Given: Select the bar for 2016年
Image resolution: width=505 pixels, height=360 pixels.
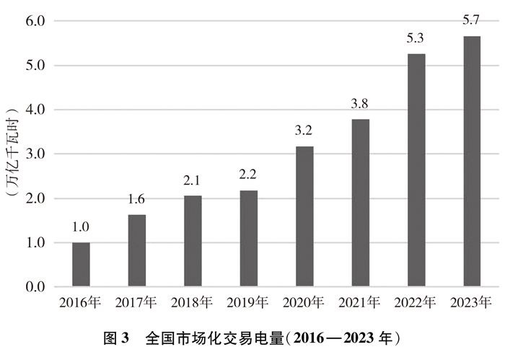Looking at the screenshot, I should pos(81,265).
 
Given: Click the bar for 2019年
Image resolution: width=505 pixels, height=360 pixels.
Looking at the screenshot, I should pos(248,239).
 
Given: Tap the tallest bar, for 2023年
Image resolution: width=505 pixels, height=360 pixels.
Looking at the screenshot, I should pos(472,162).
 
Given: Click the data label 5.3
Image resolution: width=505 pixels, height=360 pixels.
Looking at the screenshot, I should pos(416,40).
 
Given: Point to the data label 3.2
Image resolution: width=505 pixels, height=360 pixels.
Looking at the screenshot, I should pos(304,132).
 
